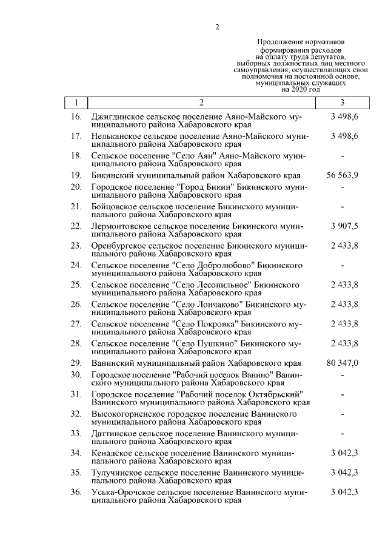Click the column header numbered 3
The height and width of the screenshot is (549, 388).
coord(343,103)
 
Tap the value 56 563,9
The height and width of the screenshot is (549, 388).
coord(343,175)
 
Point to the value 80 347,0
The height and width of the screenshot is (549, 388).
coord(343,363)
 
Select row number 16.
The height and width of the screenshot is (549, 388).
coord(76,115)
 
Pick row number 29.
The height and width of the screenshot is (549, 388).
coord(76,363)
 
